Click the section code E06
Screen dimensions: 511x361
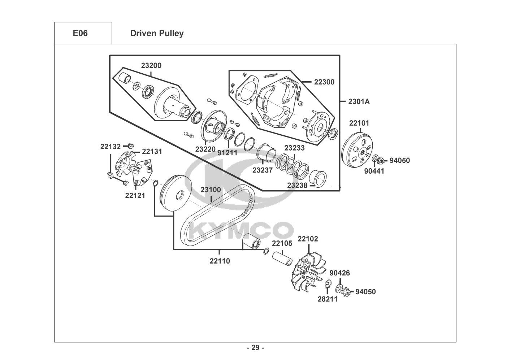(80, 33)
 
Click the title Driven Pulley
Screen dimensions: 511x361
(157, 34)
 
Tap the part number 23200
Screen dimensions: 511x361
(151, 65)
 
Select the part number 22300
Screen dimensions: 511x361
(324, 82)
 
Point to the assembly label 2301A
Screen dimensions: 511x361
(359, 101)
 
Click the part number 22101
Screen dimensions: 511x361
(359, 123)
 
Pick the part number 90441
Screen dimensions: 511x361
(374, 171)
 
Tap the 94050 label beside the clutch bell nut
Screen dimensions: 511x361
(400, 161)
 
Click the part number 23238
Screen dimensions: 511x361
(297, 186)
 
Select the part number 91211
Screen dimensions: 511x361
(227, 153)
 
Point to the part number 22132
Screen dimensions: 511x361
(111, 147)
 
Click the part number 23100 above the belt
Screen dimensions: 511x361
(211, 190)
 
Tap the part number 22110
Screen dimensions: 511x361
(220, 261)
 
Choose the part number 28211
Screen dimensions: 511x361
(328, 299)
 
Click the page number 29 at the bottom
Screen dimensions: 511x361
(256, 348)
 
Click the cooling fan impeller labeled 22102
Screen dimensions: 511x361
(308, 272)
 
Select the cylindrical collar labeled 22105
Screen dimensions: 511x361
(282, 258)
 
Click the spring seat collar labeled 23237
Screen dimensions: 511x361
(267, 153)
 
